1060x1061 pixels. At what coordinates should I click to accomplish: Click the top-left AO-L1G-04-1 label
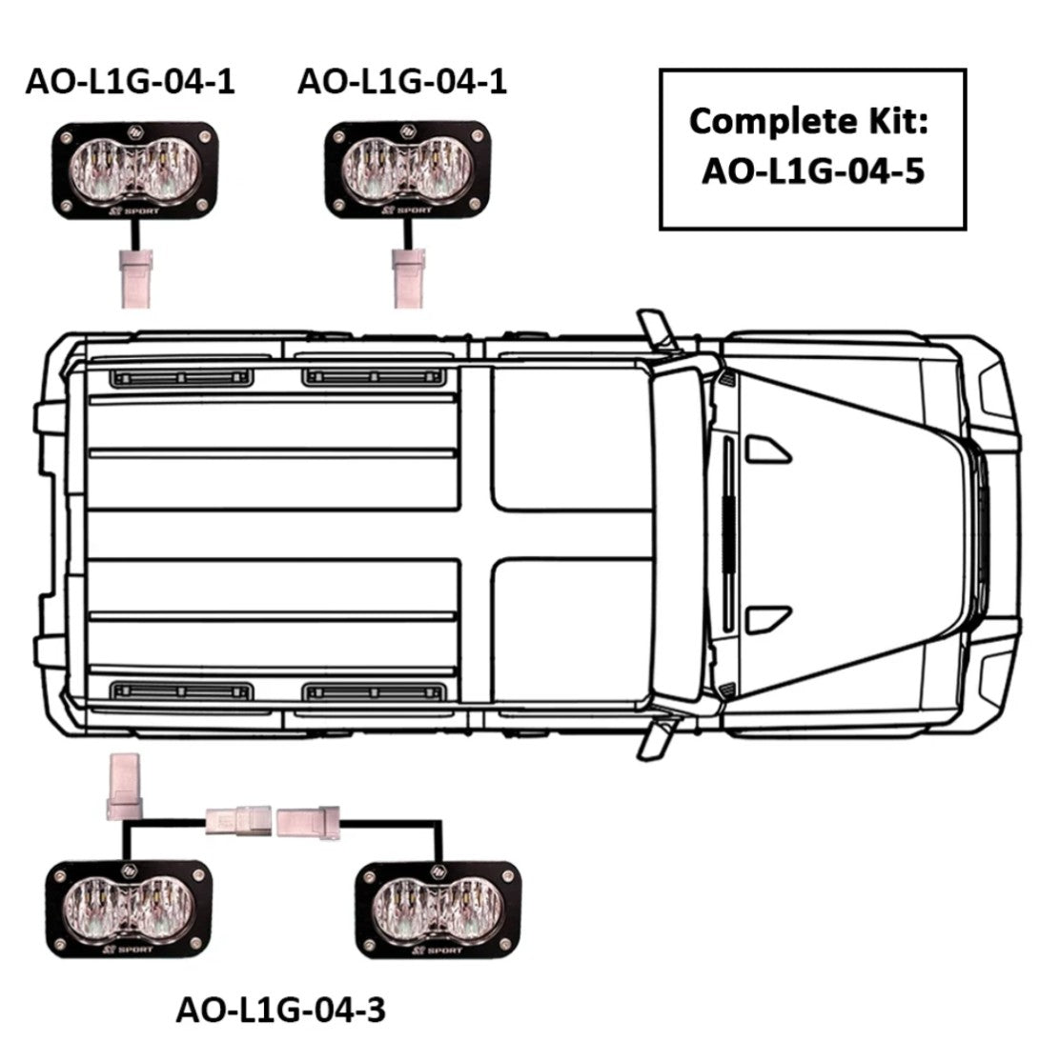click(x=130, y=82)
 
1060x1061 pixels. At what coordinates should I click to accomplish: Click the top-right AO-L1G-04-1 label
click(x=402, y=82)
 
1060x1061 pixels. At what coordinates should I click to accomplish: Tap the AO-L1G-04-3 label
click(x=280, y=1011)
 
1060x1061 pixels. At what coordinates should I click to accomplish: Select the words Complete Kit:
click(x=808, y=123)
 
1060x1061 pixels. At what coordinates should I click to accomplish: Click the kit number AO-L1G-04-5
click(x=813, y=170)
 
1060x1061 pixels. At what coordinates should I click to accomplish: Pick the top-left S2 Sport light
click(x=135, y=170)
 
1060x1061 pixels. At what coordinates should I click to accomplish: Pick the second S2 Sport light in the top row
click(x=408, y=170)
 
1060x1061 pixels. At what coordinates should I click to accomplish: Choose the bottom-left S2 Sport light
click(x=129, y=910)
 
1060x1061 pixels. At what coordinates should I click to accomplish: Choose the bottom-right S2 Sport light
click(x=438, y=911)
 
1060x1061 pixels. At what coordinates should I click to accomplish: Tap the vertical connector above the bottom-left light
click(x=125, y=787)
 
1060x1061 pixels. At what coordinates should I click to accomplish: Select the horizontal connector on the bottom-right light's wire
click(x=308, y=821)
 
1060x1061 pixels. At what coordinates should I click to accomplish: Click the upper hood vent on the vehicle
click(x=767, y=450)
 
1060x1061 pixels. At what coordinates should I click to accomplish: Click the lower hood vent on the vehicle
click(x=767, y=620)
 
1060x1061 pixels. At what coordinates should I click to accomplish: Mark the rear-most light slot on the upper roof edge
click(x=181, y=377)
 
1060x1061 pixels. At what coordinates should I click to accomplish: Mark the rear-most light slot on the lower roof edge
click(x=181, y=691)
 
